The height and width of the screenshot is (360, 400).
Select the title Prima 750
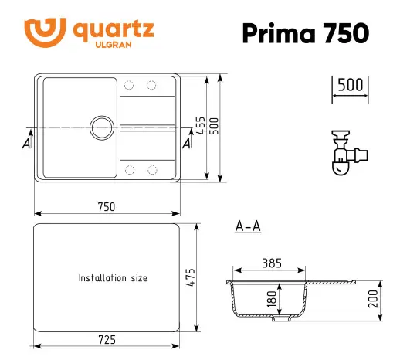coord(305,32)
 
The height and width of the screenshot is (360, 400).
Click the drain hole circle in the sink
coord(101,128)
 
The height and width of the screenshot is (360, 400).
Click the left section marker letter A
coord(27,144)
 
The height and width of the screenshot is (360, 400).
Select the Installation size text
coord(113,278)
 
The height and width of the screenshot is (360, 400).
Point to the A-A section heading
coord(247,226)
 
